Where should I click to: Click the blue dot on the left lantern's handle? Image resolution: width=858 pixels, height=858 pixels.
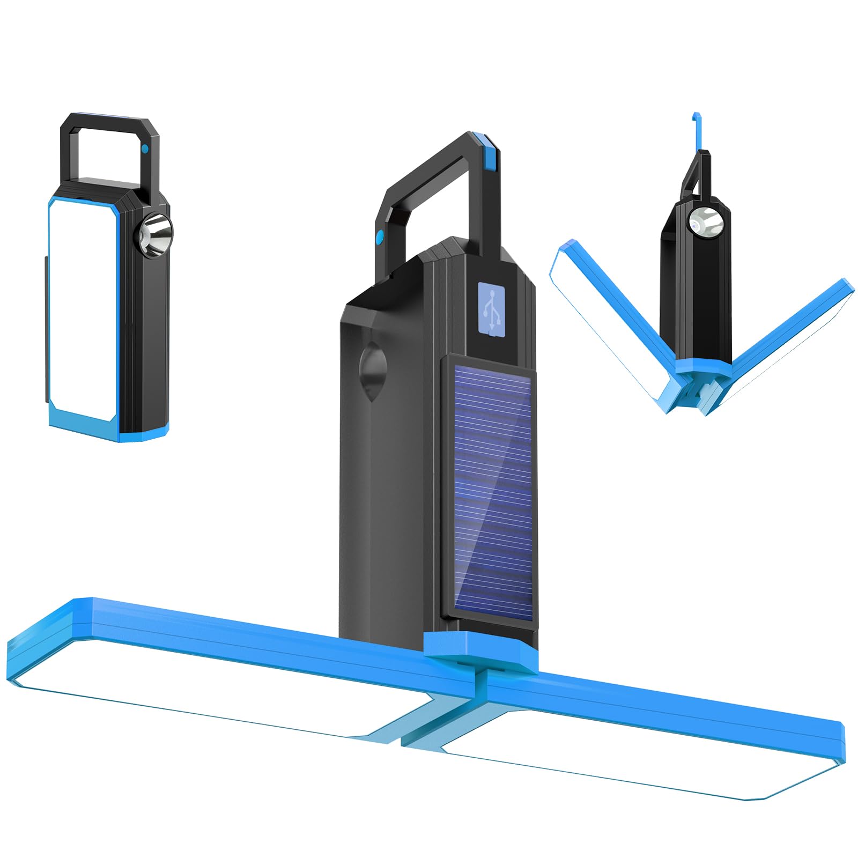pos(145,150)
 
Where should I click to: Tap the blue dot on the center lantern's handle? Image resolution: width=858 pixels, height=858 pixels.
pos(380,236)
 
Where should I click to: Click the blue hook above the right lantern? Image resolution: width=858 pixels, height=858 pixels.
pos(697,131)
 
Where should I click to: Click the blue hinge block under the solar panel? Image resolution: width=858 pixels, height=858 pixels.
pos(480,652)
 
